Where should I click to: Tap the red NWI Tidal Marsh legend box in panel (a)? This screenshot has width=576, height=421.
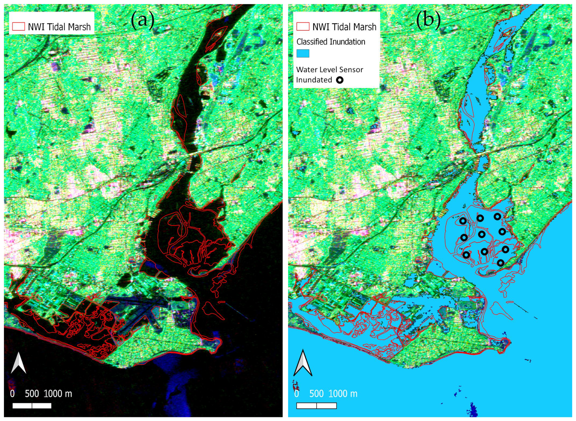coord(18,27)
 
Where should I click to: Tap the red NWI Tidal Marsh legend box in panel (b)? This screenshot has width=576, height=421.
coord(303,27)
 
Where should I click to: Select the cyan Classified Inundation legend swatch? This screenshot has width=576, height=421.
coord(303,53)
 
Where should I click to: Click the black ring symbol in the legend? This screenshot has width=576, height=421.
coord(340,80)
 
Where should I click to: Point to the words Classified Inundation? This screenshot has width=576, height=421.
coord(331,42)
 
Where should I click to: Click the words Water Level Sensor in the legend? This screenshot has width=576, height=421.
coord(330,70)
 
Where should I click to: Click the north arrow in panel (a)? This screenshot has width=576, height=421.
coord(18,363)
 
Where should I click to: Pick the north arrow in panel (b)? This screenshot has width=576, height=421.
coord(303,363)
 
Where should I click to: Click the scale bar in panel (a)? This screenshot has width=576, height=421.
coord(32,406)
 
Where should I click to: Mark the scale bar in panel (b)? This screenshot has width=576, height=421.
coord(317,406)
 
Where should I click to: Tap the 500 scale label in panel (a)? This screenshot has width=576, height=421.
coord(32,394)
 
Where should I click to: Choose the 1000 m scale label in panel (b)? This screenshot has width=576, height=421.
coord(343,394)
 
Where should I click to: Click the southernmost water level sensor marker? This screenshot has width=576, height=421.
coord(500,263)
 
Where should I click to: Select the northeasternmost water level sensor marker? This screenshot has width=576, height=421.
coord(497,217)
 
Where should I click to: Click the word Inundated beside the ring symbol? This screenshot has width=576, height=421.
coord(314,80)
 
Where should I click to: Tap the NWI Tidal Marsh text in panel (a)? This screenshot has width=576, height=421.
coord(59,27)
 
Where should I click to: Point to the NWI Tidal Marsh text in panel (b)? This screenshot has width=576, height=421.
coord(344,27)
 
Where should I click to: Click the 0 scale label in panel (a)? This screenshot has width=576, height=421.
coord(12,394)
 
